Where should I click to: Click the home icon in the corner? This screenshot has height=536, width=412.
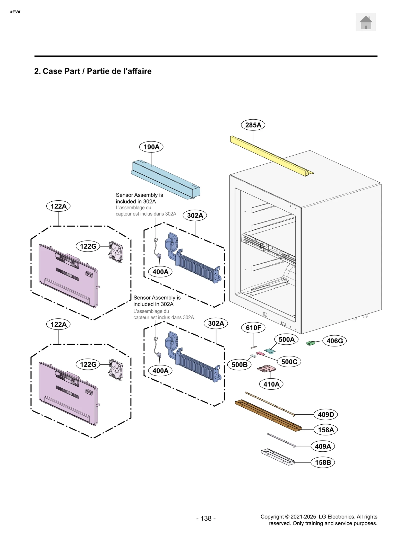(x=366, y=22)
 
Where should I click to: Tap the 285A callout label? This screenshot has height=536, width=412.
(x=253, y=125)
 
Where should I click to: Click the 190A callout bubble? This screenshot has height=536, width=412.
(x=151, y=147)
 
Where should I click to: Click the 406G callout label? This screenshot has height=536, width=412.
(x=334, y=341)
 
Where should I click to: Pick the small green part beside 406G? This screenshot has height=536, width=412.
(x=311, y=343)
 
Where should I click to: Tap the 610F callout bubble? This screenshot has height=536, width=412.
(x=253, y=328)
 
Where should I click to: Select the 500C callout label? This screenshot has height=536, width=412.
(x=289, y=362)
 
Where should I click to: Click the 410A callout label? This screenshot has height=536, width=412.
(x=271, y=384)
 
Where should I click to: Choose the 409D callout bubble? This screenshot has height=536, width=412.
(x=325, y=414)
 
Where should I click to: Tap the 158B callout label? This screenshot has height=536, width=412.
(x=323, y=462)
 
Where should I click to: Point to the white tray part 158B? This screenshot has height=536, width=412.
(x=278, y=457)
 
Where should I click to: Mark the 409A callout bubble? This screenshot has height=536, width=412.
(x=323, y=446)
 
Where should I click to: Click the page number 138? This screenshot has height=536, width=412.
(x=206, y=518)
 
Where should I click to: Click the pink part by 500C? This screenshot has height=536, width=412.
(x=261, y=354)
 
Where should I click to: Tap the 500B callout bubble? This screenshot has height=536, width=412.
(x=239, y=365)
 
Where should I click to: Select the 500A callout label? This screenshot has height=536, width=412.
(x=286, y=339)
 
